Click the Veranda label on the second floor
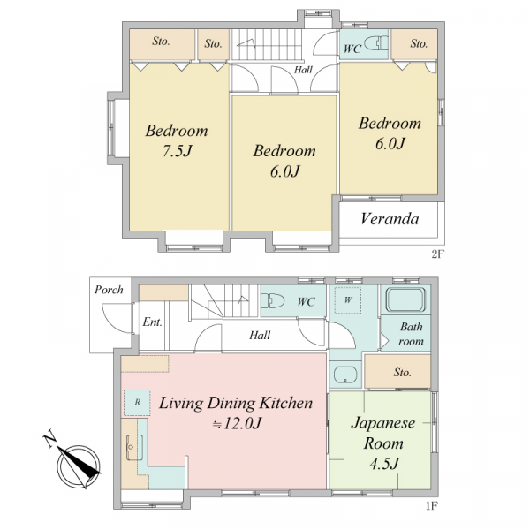click(390, 219)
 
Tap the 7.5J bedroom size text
click(178, 151)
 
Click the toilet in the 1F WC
click(272, 300)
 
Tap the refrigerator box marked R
click(137, 402)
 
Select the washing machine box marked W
click(348, 299)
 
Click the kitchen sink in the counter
click(134, 448)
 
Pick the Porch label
click(109, 290)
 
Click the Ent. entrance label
click(152, 322)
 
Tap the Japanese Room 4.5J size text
click(384, 464)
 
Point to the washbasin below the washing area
click(345, 375)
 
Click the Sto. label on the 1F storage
click(402, 373)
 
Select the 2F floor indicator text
click(437, 254)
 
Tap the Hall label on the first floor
click(260, 336)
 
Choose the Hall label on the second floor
click(303, 70)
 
